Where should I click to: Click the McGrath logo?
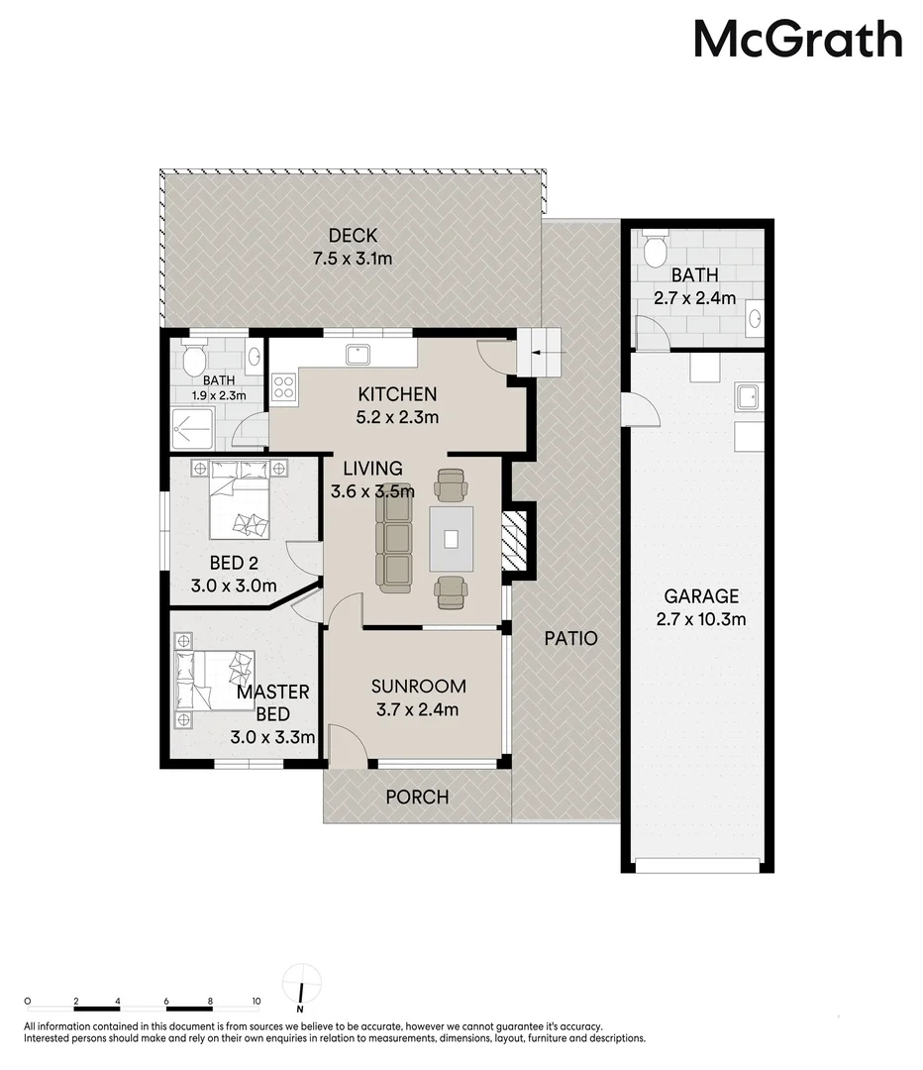[x=797, y=41]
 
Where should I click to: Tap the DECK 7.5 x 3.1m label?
[x=354, y=247]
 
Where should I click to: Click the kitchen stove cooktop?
[x=284, y=387]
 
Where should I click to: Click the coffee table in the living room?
[x=451, y=538]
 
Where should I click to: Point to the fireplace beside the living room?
[x=515, y=540]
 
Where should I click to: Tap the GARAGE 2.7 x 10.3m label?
[x=701, y=607]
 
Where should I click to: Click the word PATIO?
[x=570, y=638]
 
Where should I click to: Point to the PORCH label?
[x=417, y=797]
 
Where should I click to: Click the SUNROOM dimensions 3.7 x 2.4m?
[x=417, y=708]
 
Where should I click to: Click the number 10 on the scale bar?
[x=256, y=1002]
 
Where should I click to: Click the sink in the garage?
[x=746, y=397]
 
